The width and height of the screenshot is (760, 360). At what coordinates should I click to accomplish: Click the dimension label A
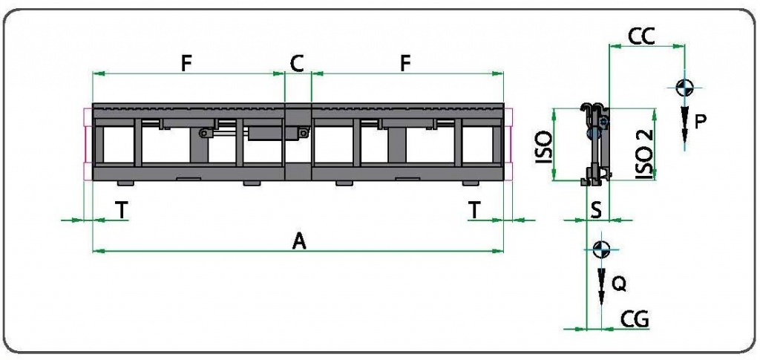(300, 240)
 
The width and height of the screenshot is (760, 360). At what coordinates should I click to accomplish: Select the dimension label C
(297, 63)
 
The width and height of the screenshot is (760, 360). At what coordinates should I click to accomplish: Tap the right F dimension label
(406, 63)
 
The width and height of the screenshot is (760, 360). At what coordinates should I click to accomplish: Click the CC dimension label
(641, 36)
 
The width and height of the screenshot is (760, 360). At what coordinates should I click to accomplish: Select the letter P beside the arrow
(700, 122)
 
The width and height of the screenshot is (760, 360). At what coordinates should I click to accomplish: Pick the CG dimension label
(635, 319)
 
